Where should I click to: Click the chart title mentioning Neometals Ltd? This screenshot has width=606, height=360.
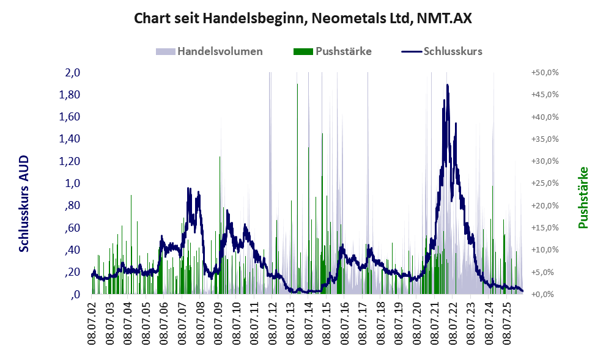click(303, 18)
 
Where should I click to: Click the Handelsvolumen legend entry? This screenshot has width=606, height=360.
click(209, 51)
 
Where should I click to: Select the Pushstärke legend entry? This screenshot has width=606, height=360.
click(333, 51)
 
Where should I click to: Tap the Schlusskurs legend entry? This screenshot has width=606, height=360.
click(442, 51)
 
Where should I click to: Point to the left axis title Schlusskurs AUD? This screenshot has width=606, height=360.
click(24, 204)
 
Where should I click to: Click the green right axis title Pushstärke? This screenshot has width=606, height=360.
click(583, 198)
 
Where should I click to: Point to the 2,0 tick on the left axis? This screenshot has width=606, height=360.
click(72, 72)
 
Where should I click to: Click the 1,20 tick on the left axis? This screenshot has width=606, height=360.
click(69, 161)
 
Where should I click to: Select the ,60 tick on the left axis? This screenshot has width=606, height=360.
click(72, 228)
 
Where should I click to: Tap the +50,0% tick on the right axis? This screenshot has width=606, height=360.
click(545, 73)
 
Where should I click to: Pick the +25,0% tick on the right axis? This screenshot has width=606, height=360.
click(545, 183)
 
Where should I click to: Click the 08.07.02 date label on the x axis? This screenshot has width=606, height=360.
click(92, 323)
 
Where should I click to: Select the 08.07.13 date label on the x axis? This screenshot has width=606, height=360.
click(290, 323)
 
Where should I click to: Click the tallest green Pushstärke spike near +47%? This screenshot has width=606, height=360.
click(297, 188)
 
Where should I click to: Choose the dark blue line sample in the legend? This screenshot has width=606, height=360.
click(411, 51)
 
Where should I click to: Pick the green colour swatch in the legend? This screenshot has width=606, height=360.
click(303, 51)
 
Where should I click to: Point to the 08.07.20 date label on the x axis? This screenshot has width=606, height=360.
click(416, 323)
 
